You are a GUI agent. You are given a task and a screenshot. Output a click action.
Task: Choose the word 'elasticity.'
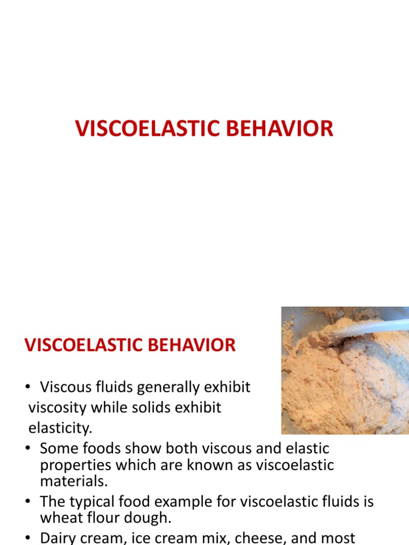[60, 427]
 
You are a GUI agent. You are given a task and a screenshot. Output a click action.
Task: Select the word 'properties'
[75, 465]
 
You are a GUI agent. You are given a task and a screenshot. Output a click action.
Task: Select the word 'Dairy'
[60, 537]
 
